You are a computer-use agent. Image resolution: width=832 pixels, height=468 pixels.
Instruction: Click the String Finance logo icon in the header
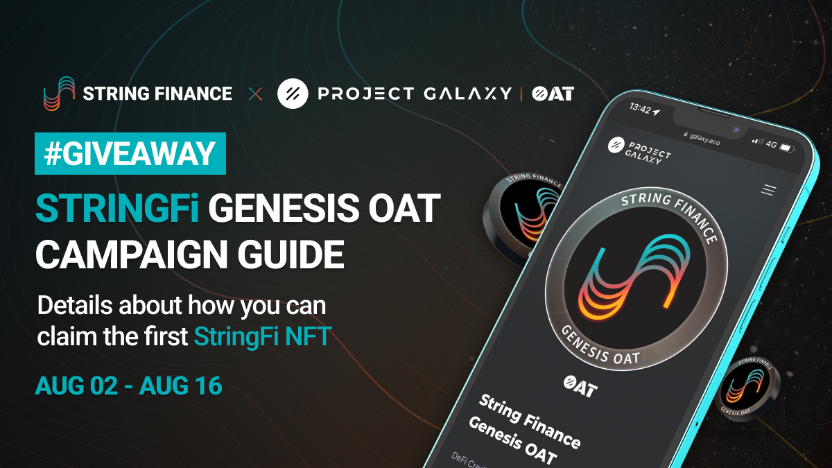point(58,93)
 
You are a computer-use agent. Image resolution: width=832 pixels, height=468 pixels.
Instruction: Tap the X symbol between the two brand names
point(254,94)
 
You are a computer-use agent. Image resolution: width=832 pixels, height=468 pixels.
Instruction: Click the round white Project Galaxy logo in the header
point(292,94)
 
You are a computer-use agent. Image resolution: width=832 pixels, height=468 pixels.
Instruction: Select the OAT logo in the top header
point(553,94)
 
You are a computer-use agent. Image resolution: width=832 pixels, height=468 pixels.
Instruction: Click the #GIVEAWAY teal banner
point(130,153)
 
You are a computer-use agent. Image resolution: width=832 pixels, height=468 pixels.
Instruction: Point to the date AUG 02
point(77,385)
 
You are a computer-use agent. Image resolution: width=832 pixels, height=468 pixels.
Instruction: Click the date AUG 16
point(181,385)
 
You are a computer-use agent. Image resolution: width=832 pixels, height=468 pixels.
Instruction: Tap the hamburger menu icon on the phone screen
point(768,189)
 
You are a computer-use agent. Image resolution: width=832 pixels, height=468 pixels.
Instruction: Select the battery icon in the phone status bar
point(786,148)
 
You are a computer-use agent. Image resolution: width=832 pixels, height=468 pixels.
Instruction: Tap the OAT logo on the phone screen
point(580,385)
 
